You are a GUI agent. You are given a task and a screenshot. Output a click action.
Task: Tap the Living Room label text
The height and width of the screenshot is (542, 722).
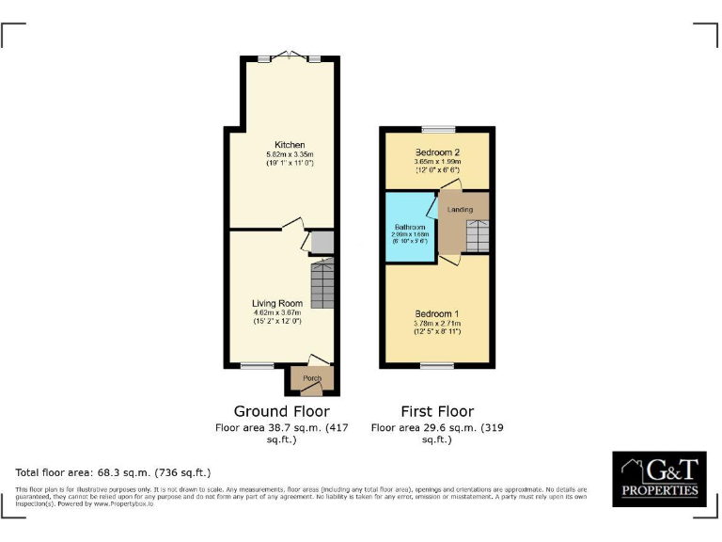(275, 303)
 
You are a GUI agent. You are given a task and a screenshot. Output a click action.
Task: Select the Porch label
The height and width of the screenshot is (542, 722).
(311, 379)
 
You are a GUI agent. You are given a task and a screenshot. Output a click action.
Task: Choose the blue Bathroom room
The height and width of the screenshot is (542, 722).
(410, 231)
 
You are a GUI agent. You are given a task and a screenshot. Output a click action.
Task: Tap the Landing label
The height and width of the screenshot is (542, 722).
(460, 209)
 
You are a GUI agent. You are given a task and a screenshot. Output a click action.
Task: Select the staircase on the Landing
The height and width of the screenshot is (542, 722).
(478, 235)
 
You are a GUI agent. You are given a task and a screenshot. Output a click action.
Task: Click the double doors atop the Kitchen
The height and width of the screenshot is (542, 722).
(289, 56)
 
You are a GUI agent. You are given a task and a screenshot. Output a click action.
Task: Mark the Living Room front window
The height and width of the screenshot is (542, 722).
(256, 365)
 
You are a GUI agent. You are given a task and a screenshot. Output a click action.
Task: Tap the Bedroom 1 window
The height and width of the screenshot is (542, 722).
(435, 365)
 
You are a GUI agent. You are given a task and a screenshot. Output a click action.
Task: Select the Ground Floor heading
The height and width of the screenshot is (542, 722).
(281, 411)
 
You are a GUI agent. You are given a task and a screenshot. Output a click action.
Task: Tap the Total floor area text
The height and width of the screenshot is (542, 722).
(113, 471)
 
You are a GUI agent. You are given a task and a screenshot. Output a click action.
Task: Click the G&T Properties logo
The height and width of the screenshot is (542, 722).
(658, 480)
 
